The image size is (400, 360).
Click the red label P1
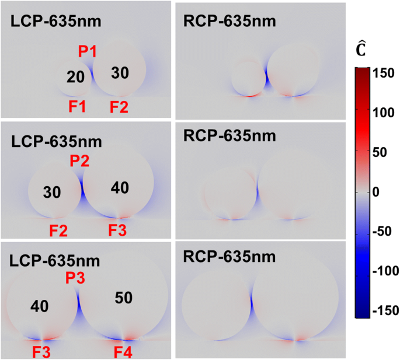point(88,52)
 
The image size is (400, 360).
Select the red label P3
point(76,279)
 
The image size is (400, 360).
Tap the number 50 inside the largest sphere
point(124,298)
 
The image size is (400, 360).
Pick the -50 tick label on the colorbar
point(382,232)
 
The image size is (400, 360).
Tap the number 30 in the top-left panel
point(120,73)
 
